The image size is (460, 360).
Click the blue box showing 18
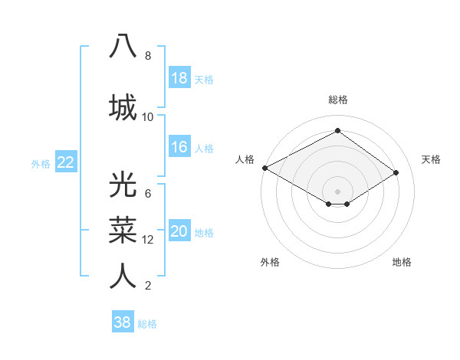point(179,78)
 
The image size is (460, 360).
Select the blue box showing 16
point(179,147)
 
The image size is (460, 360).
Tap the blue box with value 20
point(179,231)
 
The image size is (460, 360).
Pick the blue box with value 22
point(66,162)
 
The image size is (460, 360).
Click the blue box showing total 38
point(123,322)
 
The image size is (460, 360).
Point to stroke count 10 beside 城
point(148,117)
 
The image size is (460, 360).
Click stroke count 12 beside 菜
point(148,240)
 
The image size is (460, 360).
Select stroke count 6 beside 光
point(148,193)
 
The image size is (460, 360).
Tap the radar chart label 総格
point(337,100)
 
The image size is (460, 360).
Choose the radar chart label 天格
point(432,159)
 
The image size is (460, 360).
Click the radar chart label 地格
point(402,262)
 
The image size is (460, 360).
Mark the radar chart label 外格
point(270,262)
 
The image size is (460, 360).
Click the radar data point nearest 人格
point(264,167)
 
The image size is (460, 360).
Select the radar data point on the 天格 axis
point(396,172)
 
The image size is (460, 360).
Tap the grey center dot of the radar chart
point(337,191)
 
